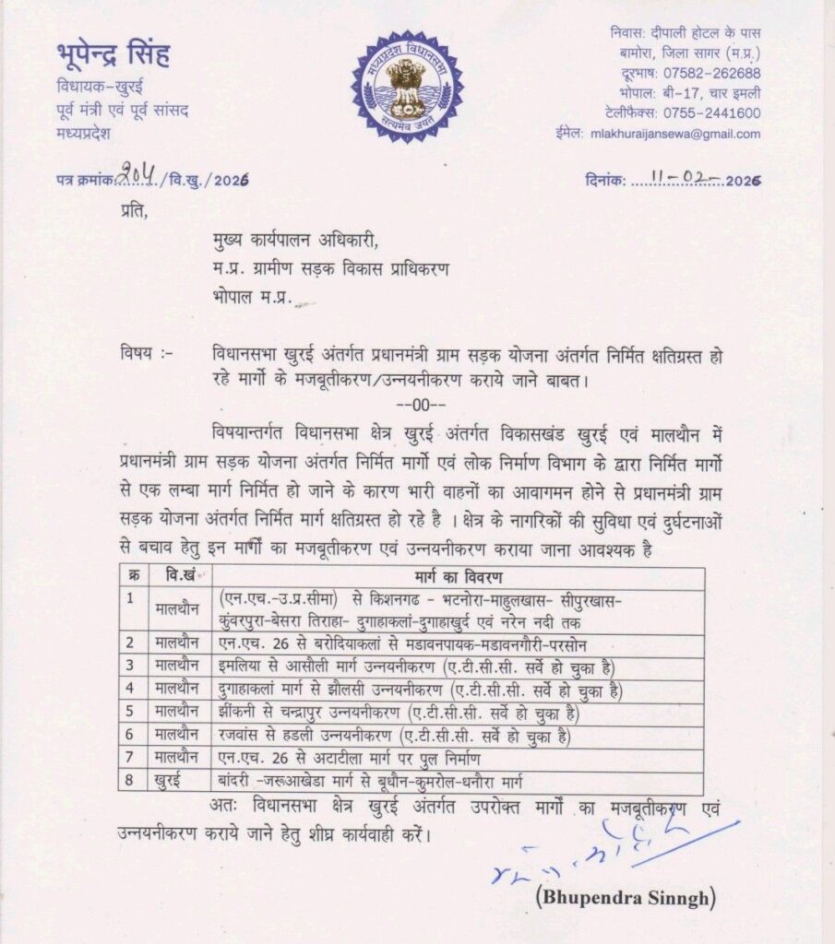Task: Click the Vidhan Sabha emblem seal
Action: (407, 87)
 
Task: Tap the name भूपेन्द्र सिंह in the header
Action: (113, 57)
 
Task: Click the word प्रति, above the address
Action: (133, 214)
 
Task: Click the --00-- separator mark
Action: (420, 406)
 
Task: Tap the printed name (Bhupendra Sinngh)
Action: (625, 897)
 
